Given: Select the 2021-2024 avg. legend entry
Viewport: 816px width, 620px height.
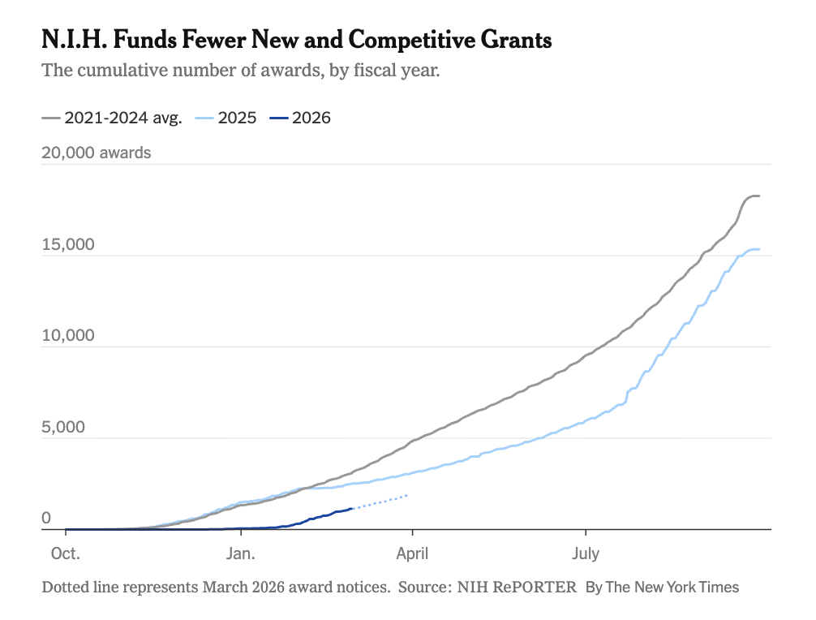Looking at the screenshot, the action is (x=112, y=118).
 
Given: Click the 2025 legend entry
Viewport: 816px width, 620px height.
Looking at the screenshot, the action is (x=225, y=118).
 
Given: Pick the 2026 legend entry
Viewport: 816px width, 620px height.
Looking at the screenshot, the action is (x=300, y=118).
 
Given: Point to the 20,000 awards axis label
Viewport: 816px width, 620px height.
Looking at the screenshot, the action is (x=97, y=153).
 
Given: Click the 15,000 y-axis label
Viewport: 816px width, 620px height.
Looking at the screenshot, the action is (x=68, y=244).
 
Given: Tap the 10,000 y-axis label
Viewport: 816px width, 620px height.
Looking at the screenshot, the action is (x=68, y=335).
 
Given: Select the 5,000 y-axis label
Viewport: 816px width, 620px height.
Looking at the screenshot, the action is (x=63, y=427).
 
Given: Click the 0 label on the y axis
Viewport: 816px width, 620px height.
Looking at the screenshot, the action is (x=46, y=518).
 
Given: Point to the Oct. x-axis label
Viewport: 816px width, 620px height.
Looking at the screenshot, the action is (x=66, y=553).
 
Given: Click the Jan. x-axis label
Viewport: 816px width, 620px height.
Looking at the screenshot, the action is (x=240, y=553).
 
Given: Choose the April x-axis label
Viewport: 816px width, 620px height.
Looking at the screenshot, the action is (x=412, y=553).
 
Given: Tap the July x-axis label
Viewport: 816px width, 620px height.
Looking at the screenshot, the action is (x=586, y=553).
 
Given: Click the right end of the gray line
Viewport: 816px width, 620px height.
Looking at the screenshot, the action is (x=759, y=196).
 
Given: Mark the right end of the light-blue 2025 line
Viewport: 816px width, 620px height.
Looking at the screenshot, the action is (x=759, y=249).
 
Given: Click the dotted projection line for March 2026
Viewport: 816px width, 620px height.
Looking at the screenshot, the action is (x=380, y=502).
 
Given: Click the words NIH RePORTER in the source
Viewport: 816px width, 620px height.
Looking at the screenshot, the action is (x=517, y=588).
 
